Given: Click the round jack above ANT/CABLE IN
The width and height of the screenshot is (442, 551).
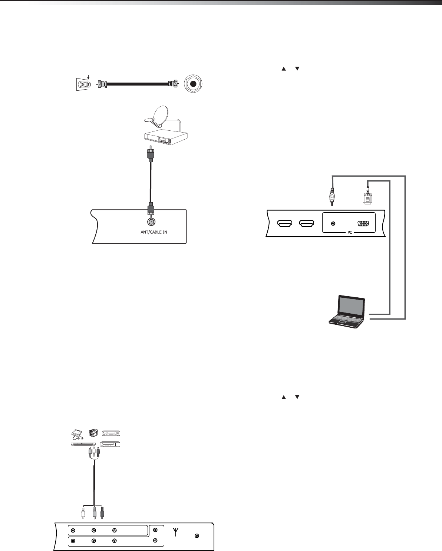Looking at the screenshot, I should pos(151,222).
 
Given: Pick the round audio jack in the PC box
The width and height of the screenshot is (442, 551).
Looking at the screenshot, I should pos(333,224).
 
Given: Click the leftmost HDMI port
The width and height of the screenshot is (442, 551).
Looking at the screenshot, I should pos(285,224).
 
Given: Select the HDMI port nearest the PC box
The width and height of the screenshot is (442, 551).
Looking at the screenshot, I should pos(307,224).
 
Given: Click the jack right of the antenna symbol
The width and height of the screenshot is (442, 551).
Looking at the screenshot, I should pos(197,535).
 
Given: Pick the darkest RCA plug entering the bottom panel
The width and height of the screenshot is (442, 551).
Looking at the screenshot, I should pos(103,513).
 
